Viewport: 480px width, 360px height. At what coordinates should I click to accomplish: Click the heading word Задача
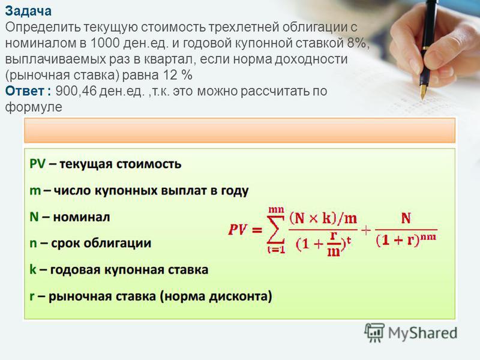coord(28,11)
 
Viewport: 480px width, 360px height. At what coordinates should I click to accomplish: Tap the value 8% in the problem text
coord(356,43)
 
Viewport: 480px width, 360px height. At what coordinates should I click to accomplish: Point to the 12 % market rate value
coord(177,75)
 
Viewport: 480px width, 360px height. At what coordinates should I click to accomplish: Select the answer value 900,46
coord(76,91)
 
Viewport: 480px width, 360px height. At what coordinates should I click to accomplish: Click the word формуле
coord(34,107)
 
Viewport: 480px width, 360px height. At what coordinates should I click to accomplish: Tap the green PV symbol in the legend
coord(37,164)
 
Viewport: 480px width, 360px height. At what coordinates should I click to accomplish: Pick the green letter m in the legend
coord(35,191)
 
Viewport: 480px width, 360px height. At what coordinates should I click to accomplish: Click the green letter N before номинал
coord(34,217)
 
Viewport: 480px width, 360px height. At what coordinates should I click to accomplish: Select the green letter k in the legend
coord(33,269)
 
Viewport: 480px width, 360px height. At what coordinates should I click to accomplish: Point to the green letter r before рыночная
coord(32,296)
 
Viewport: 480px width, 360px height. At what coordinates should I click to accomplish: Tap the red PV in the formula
coord(237,230)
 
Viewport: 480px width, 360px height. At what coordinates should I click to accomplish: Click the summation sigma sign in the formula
coord(276,230)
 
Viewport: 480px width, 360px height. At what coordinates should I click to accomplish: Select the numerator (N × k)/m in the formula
coord(323,218)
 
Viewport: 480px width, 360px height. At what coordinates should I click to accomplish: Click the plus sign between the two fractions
coord(366,230)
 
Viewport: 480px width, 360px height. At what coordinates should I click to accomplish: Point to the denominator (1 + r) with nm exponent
coord(406,239)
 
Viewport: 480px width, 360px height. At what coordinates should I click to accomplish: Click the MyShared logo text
coord(422,333)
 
